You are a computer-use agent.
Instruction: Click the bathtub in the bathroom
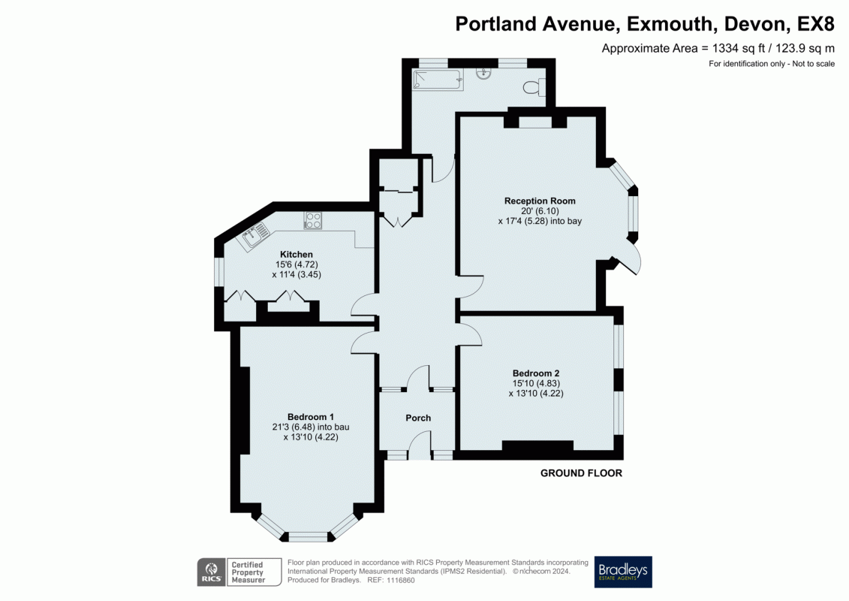438,80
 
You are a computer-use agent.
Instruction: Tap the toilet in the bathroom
535,87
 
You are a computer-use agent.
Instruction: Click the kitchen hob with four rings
313,221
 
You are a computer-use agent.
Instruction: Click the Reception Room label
540,201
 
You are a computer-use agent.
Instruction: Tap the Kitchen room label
297,255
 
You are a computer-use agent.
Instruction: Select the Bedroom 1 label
310,417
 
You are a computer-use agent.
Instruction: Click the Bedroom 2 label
536,373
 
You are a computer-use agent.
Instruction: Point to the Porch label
418,418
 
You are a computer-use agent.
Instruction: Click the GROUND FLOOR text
581,473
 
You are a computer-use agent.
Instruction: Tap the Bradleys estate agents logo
623,572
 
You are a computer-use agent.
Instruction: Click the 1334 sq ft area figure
726,48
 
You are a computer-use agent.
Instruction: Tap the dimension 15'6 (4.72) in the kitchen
296,265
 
